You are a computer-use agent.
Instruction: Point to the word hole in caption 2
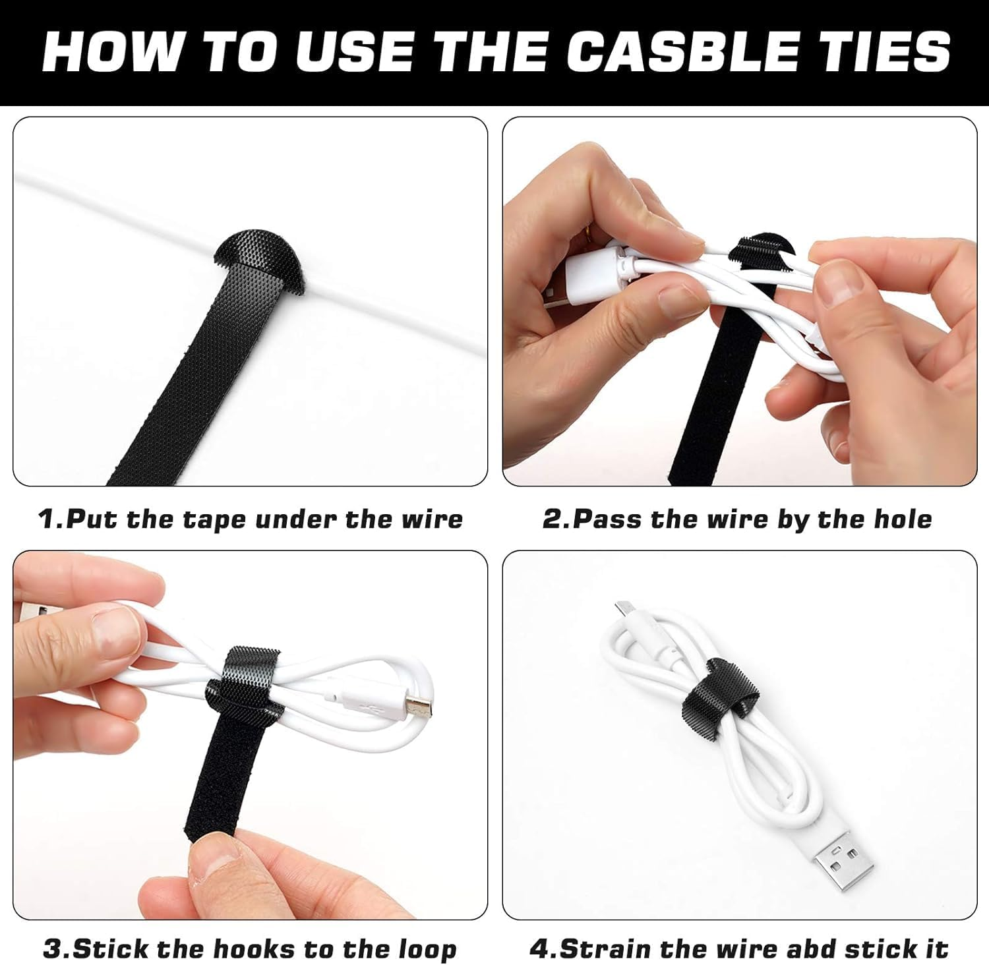(x=903, y=519)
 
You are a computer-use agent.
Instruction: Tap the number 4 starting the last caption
(x=539, y=949)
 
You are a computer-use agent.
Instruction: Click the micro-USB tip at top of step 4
(x=622, y=607)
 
